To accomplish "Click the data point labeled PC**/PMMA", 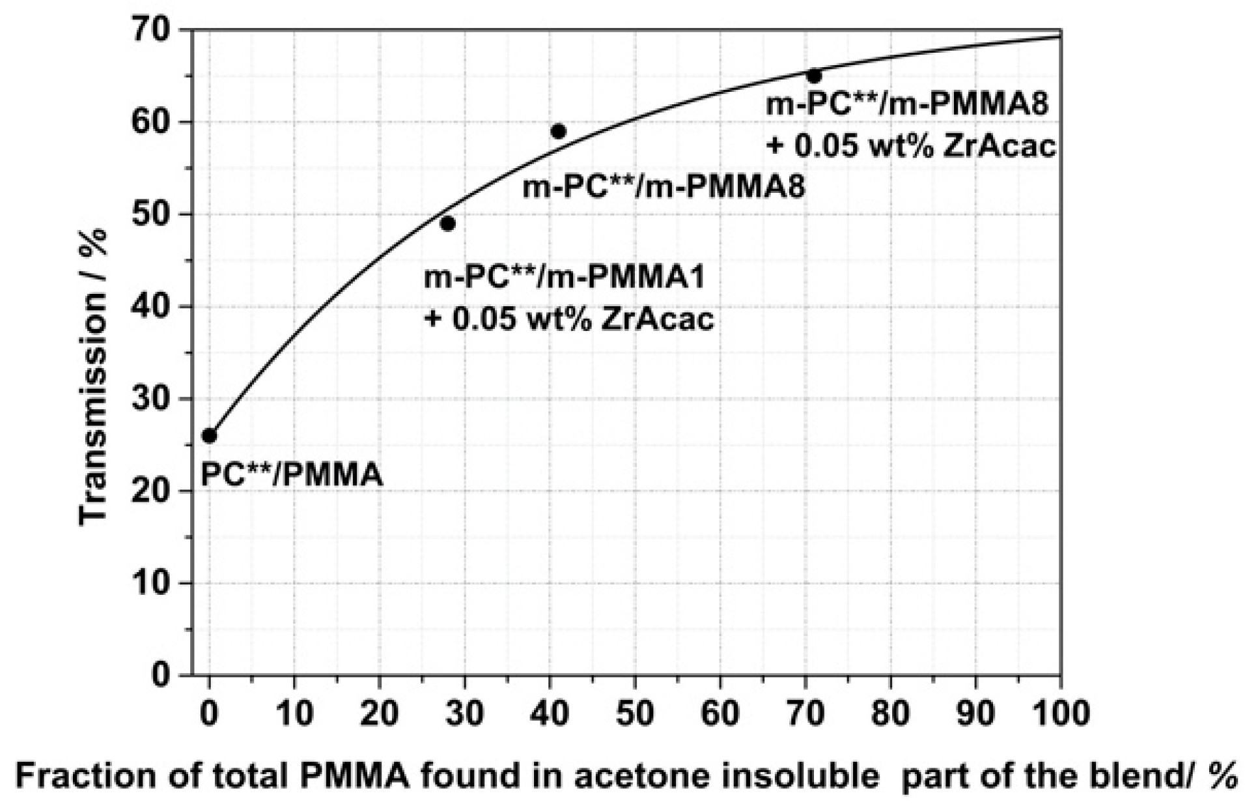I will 209,435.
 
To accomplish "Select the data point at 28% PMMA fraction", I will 447,223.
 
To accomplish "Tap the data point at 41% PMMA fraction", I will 558,132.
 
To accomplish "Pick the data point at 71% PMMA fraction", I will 814,76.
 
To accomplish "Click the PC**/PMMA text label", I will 291,474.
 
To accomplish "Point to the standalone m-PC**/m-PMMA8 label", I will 664,187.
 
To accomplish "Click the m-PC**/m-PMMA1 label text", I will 564,278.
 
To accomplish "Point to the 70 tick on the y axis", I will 152,30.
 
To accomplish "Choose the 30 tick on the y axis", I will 152,399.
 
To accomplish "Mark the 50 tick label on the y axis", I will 152,214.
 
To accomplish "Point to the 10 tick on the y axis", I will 152,583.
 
